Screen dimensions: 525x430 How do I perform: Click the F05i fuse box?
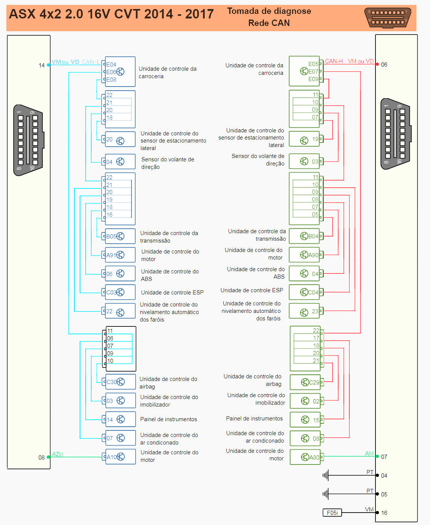click(x=332, y=513)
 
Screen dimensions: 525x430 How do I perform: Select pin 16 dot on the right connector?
click(x=377, y=513)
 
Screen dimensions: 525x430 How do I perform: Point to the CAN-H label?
click(x=334, y=61)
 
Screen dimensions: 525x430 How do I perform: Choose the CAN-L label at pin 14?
click(x=91, y=62)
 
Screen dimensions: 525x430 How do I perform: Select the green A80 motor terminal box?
click(x=305, y=457)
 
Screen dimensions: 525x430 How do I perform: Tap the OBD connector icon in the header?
click(x=388, y=18)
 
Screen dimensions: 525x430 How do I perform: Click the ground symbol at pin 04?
click(x=326, y=475)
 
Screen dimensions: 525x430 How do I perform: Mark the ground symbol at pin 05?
click(x=326, y=494)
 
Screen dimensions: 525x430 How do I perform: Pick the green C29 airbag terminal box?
click(x=305, y=382)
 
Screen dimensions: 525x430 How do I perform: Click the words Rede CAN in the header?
click(x=269, y=23)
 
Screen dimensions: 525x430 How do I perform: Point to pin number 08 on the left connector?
click(x=41, y=458)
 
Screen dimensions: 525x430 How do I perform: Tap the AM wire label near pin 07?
click(x=369, y=454)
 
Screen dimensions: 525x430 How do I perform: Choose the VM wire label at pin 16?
click(x=369, y=510)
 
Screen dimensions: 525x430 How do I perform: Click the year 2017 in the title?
click(x=199, y=14)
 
